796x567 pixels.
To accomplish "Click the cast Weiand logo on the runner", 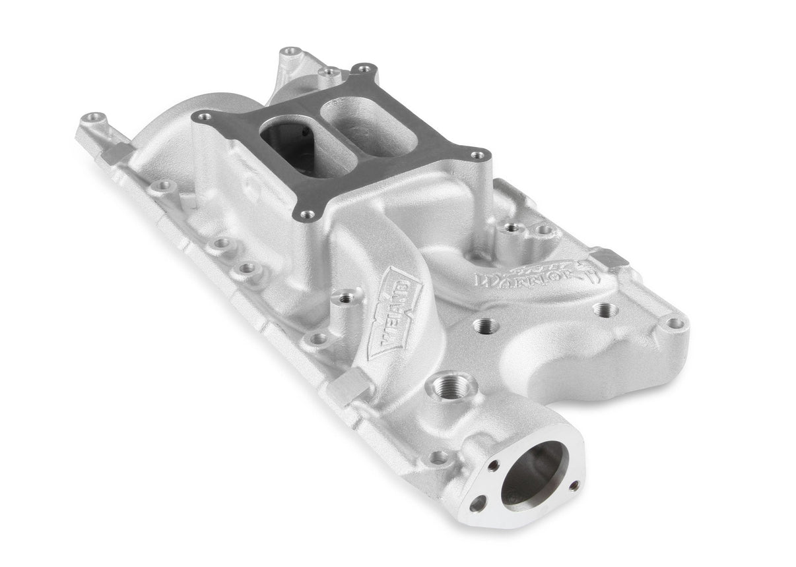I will (x=394, y=312).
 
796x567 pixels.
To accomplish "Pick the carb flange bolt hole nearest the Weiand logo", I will (x=306, y=214).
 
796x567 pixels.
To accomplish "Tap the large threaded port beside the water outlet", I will (x=452, y=386).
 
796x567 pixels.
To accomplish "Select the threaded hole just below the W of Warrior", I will (x=485, y=326).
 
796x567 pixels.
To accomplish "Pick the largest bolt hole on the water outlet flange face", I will (x=477, y=505).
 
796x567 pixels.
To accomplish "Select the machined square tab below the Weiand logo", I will (x=348, y=386).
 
